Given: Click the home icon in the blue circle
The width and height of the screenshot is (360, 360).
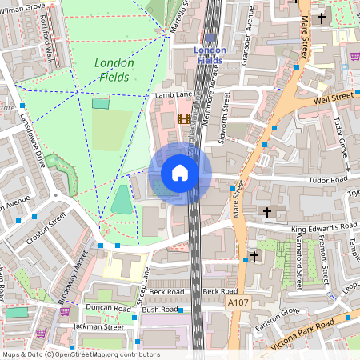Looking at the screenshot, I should click(180, 173).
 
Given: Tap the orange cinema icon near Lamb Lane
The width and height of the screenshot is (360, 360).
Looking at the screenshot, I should click(186, 119).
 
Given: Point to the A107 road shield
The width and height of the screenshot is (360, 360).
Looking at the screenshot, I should click(237, 303).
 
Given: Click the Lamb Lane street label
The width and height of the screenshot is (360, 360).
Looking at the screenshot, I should click(173, 95).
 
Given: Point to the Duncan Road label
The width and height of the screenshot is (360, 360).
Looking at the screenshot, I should click(109, 308).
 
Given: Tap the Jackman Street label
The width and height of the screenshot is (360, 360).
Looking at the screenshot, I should click(98, 326).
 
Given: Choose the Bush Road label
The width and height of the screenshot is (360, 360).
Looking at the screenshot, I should click(159, 309).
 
